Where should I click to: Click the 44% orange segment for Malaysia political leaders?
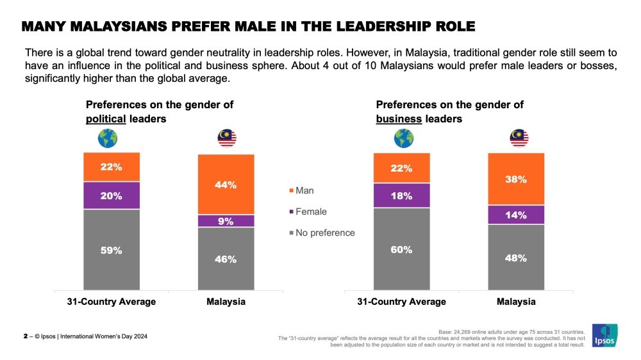click(226, 184)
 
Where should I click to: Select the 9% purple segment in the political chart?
click(226, 221)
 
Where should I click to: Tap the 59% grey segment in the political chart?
click(111, 250)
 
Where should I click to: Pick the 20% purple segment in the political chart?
click(111, 195)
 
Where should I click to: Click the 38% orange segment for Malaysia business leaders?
click(516, 179)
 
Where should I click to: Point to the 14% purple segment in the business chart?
click(516, 215)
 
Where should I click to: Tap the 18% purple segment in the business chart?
click(401, 196)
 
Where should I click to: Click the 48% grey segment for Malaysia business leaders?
click(516, 258)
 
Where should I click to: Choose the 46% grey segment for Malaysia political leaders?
click(226, 259)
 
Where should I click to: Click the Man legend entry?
click(303, 190)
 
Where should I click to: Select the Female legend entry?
click(308, 211)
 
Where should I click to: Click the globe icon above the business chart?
click(403, 138)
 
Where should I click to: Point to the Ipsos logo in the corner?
click(604, 334)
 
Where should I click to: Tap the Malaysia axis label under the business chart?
click(516, 302)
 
